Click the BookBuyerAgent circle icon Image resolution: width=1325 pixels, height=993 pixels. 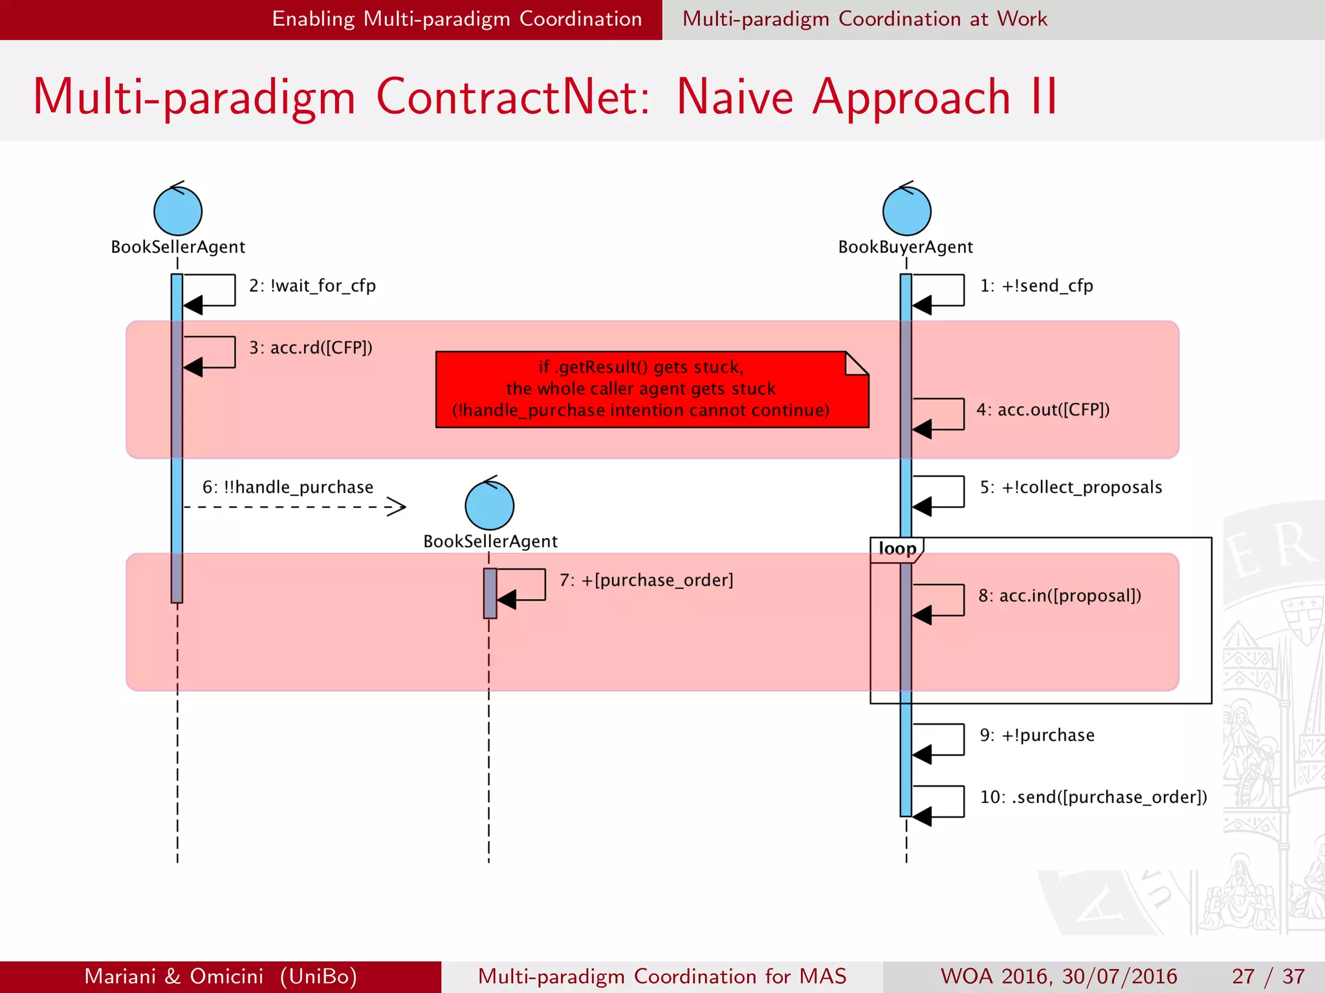(906, 211)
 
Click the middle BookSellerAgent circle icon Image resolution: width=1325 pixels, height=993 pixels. (489, 505)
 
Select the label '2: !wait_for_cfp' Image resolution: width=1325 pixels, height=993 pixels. (312, 286)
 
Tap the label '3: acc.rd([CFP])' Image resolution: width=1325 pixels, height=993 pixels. (311, 348)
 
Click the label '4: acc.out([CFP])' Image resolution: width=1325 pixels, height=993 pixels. (1043, 410)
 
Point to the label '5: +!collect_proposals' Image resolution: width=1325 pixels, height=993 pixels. (1071, 487)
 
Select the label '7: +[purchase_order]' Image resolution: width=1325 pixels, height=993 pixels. (646, 581)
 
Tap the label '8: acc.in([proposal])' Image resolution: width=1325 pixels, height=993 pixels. (1060, 596)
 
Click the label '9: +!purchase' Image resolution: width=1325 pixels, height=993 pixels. (1037, 736)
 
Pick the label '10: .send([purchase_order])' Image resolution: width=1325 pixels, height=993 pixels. (1093, 798)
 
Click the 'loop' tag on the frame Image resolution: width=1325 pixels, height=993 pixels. (897, 549)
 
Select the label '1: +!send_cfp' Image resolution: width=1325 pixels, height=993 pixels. (1036, 286)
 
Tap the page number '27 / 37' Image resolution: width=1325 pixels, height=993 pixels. (1268, 976)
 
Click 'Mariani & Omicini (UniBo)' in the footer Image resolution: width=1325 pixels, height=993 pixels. (221, 976)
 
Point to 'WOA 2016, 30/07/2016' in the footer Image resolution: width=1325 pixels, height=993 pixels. (1058, 976)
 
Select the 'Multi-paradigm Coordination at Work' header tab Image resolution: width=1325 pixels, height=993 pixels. (864, 19)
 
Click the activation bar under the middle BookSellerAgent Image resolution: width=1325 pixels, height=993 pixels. (490, 593)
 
